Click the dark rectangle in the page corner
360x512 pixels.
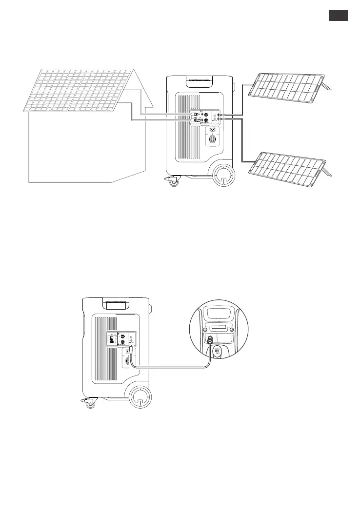(x=338, y=16)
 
